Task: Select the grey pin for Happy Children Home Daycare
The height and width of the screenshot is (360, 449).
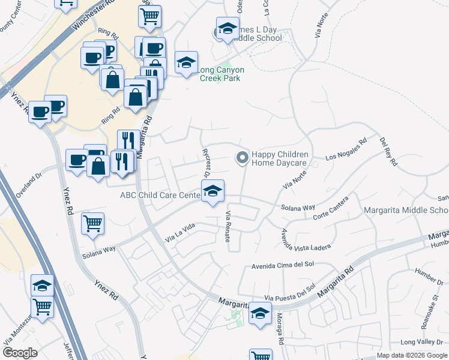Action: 242,158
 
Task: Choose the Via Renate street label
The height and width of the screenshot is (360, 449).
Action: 228,227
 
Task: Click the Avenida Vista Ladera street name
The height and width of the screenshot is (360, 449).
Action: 293,239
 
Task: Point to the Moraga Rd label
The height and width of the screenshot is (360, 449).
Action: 280,331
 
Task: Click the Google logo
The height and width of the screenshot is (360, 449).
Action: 20,353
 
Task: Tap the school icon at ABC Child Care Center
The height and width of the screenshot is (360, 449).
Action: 212,191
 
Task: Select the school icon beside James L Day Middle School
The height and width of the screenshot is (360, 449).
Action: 228,29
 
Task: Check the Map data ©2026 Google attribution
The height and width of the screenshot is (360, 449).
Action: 412,355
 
